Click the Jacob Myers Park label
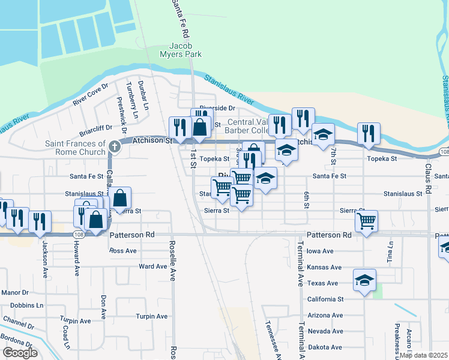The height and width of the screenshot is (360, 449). point(185,50)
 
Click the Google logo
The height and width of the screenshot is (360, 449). point(20,353)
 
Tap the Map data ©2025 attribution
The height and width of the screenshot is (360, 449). point(423,355)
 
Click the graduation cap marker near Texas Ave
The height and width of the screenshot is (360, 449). point(364,280)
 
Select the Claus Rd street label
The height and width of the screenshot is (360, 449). point(429,180)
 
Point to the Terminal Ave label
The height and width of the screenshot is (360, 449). point(299,264)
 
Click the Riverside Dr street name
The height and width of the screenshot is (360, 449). point(215,108)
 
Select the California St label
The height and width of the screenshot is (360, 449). point(325,299)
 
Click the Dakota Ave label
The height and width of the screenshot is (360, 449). point(325,347)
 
